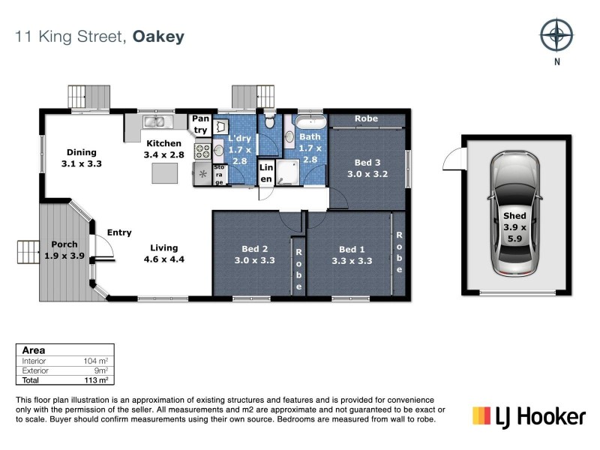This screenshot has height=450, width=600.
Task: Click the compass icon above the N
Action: [556, 35]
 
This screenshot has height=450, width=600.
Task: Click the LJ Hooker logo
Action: [528, 415]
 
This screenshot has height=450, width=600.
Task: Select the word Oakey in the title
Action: [158, 36]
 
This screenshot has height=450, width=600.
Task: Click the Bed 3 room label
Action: [367, 168]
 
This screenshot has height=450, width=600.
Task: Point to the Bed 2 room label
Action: [255, 255]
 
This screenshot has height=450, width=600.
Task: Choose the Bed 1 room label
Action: [352, 255]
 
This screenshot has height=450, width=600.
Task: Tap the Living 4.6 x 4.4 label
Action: [163, 253]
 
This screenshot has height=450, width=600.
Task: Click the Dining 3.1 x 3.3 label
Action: [81, 157]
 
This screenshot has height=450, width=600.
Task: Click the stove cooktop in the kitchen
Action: [202, 151]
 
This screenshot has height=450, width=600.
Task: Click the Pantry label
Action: [200, 124]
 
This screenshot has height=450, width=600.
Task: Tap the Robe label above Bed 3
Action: [366, 118]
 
